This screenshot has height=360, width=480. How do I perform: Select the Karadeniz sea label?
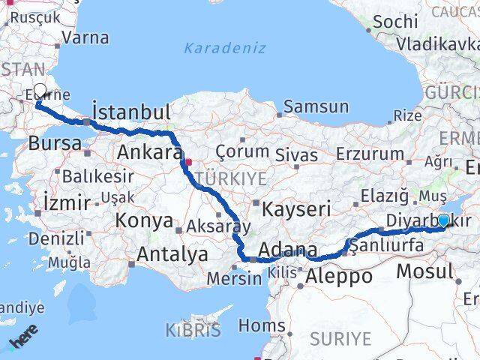(x=225, y=48)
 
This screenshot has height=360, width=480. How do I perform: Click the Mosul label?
(x=424, y=271)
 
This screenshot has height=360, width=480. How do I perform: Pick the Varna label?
(x=85, y=37)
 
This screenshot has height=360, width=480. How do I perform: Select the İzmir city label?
(x=67, y=202)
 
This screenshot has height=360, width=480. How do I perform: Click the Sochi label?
(x=394, y=22)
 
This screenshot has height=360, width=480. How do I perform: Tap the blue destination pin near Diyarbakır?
(x=443, y=220)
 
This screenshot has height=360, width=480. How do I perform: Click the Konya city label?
(x=143, y=222)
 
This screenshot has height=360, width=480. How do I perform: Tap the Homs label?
(x=262, y=325)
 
